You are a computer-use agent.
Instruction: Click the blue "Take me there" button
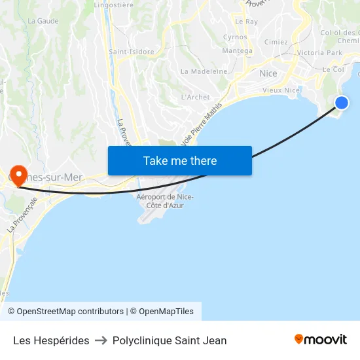click(180, 161)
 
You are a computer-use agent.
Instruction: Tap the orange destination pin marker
click(18, 175)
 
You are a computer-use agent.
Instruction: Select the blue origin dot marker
click(342, 102)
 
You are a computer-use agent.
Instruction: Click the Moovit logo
click(321, 340)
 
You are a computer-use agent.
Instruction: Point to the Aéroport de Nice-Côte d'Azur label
click(165, 201)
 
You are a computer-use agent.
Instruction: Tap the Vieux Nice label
click(281, 90)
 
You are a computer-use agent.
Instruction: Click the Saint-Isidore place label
click(132, 52)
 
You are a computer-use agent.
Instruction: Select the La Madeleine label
click(204, 71)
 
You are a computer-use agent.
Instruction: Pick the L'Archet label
click(195, 98)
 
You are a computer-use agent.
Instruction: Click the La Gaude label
click(43, 21)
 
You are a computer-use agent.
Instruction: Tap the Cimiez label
click(276, 42)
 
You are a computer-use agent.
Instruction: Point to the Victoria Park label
click(319, 52)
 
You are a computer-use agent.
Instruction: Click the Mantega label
click(237, 51)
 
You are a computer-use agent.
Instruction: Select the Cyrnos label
click(235, 37)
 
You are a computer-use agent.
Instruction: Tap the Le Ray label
click(247, 22)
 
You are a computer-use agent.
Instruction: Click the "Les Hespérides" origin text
click(51, 340)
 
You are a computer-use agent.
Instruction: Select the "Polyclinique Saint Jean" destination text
click(170, 340)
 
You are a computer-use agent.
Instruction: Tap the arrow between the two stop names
click(101, 340)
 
